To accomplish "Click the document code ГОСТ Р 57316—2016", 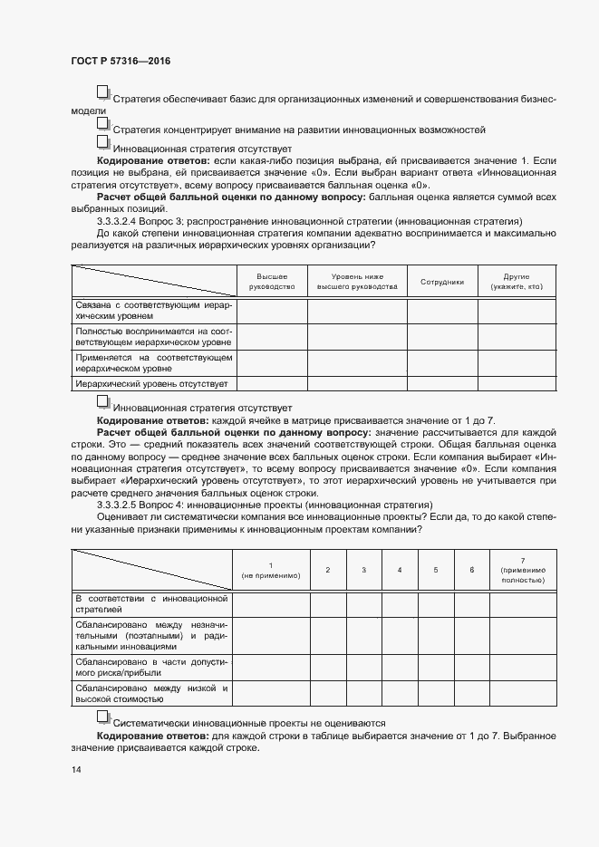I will (x=120, y=61).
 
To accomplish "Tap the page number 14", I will (x=76, y=769).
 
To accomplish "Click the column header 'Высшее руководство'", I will (x=272, y=281).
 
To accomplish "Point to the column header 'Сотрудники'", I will (x=442, y=282).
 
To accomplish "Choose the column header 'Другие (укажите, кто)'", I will (x=516, y=281).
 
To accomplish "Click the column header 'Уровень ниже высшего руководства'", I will (x=357, y=281).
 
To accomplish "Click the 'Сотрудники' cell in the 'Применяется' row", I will (x=442, y=363).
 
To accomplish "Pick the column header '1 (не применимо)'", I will (x=271, y=569).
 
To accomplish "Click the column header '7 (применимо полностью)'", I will (x=522, y=569).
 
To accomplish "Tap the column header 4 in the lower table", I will (x=400, y=569).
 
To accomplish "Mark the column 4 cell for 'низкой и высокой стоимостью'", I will (x=400, y=693).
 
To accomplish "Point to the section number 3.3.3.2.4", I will (x=127, y=220).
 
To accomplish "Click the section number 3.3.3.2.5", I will (x=127, y=504).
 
